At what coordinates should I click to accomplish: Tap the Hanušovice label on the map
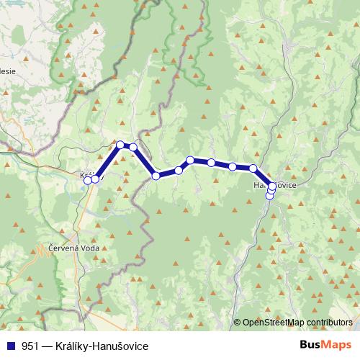click(273, 186)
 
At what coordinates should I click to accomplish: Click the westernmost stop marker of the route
click(88, 180)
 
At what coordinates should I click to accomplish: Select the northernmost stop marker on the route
click(121, 145)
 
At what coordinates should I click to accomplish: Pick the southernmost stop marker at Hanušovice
click(270, 196)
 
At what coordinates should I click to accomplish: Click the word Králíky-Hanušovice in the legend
click(102, 346)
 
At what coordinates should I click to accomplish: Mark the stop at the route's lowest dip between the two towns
click(156, 176)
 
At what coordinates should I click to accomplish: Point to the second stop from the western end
click(95, 179)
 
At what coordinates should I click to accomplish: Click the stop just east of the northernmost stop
click(133, 147)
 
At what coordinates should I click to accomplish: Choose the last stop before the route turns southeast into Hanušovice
click(253, 168)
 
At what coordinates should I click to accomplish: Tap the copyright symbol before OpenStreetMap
click(237, 323)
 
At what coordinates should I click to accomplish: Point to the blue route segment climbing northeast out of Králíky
click(108, 162)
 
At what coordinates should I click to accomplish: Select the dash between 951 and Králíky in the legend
click(48, 346)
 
